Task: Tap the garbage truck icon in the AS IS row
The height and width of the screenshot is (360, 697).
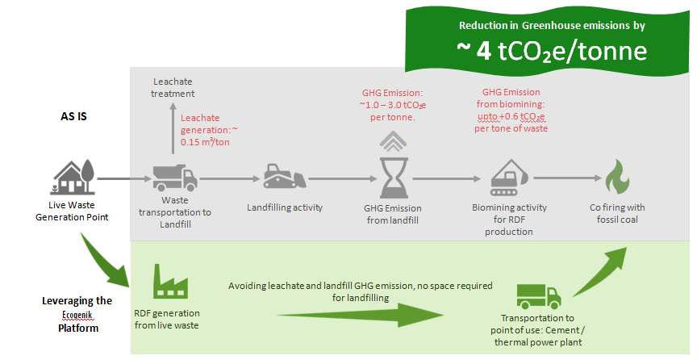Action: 174,177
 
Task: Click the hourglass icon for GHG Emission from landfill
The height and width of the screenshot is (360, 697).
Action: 390,178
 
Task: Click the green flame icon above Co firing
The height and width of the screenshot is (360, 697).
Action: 618,177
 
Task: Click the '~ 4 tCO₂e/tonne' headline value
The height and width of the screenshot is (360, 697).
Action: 551,51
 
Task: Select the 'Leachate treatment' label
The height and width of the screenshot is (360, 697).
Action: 173,87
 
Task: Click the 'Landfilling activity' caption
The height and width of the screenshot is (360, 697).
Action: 285,207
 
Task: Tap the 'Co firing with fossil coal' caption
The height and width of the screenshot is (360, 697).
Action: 618,213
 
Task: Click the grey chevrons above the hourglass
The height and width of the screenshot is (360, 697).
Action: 390,141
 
